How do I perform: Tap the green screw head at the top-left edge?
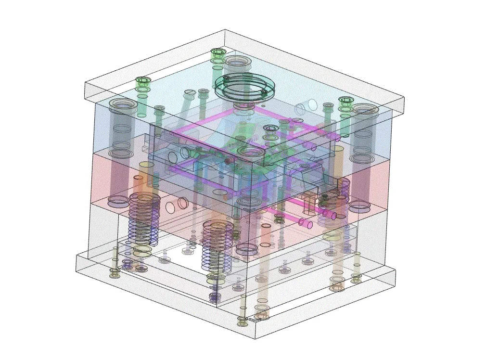click(143, 80)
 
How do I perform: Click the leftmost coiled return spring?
click(144, 217)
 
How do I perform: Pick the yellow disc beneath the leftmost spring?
click(143, 250)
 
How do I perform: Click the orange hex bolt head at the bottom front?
click(261, 316)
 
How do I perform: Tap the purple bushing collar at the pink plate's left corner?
click(118, 200)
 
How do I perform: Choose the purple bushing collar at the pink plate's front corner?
click(246, 249)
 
